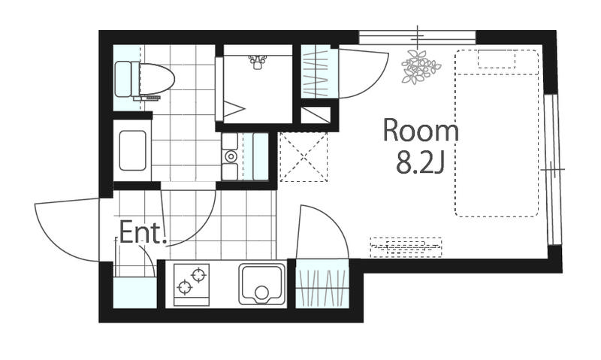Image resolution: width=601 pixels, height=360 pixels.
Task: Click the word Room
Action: pyautogui.click(x=421, y=131)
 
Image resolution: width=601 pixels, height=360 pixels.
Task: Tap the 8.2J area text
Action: pyautogui.click(x=420, y=162)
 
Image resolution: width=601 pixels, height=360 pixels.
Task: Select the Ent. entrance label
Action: pyautogui.click(x=143, y=233)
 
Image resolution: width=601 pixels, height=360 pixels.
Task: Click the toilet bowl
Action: pyautogui.click(x=156, y=79)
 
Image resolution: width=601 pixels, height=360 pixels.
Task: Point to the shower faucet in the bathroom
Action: pyautogui.click(x=257, y=62)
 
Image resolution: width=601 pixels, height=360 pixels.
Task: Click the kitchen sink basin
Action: pyautogui.click(x=262, y=284)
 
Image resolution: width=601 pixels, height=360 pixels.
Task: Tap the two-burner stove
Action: pyautogui.click(x=192, y=285)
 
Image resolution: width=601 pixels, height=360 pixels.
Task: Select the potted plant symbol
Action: pyautogui.click(x=420, y=67)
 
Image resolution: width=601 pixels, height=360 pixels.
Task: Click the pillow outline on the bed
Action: pyautogui.click(x=497, y=59)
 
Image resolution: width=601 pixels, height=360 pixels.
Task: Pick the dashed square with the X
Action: pyautogui.click(x=304, y=156)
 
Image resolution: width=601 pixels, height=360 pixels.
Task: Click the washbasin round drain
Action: pyautogui.click(x=231, y=156)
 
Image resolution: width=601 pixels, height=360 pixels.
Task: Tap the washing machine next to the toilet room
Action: pyautogui.click(x=133, y=150)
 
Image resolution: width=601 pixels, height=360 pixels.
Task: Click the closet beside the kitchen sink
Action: pyautogui.click(x=322, y=283)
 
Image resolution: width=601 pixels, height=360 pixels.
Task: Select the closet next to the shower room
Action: pyautogui.click(x=316, y=71)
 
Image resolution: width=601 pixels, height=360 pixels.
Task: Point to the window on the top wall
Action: pyautogui.click(x=418, y=38)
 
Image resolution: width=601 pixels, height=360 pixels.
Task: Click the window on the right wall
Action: pyautogui.click(x=553, y=168)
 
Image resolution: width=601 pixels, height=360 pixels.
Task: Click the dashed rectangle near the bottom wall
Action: pyautogui.click(x=406, y=247)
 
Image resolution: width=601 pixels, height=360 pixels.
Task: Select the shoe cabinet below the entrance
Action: pyautogui.click(x=135, y=292)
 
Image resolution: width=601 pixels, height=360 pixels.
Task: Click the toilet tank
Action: pyautogui.click(x=123, y=79)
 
